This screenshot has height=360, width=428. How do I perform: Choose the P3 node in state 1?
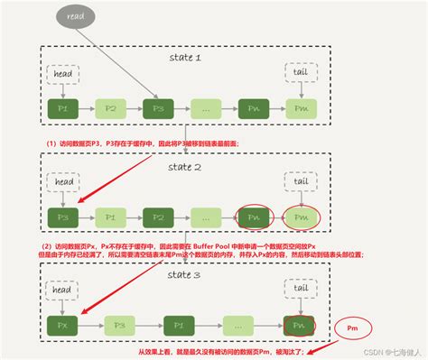(158, 110)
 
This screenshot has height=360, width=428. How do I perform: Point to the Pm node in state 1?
(299, 110)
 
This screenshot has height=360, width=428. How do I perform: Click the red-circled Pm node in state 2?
(299, 218)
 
